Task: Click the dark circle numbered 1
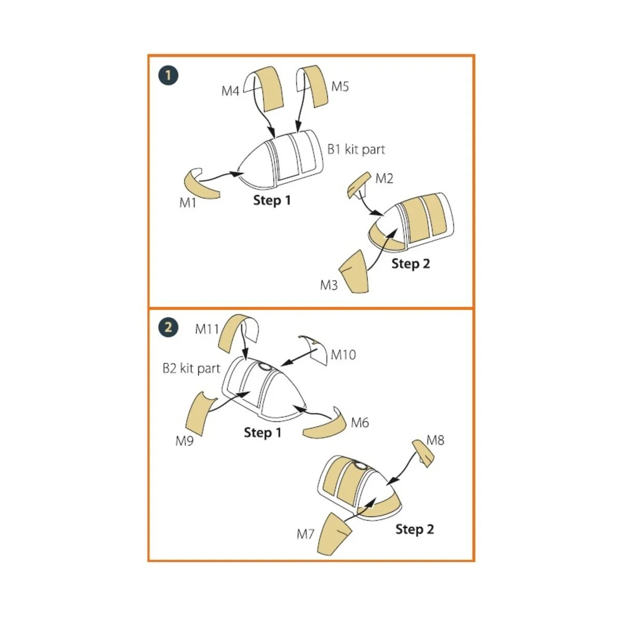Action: point(168,76)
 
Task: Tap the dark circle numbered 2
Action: point(168,327)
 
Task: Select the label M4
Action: point(231,91)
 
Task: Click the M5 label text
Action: point(340,87)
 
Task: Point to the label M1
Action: point(188,203)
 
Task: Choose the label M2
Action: point(384,178)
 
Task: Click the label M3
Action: point(329,285)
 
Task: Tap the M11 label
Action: point(207,329)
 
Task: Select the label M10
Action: point(344,355)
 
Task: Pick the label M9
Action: point(185,441)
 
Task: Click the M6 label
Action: point(360,422)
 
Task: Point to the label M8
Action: point(435,440)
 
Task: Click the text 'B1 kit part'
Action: point(356,149)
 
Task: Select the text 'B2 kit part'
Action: point(191,369)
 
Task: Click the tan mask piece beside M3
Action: point(354,272)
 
